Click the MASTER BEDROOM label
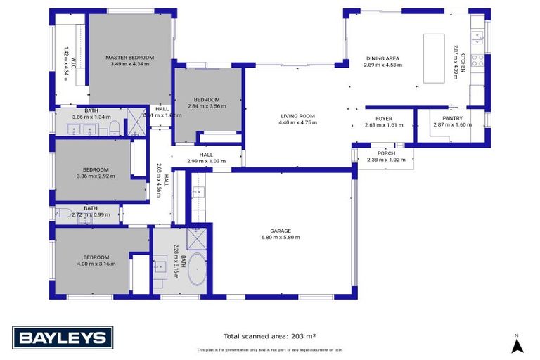[x=129, y=57]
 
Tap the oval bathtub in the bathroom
[x=195, y=271]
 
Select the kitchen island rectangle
[x=435, y=58]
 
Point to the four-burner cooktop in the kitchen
[x=477, y=60]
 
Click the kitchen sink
[x=477, y=35]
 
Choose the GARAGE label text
[x=281, y=231]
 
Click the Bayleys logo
[x=62, y=337]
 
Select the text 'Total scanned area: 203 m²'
[x=269, y=336]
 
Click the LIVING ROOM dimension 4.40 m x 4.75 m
[x=297, y=123]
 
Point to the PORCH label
[x=386, y=153]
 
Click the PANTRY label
[x=452, y=118]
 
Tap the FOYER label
[x=383, y=118]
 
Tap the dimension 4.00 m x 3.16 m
[x=94, y=264]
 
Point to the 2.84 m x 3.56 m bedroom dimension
[x=207, y=106]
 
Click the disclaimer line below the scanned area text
[x=269, y=349]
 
